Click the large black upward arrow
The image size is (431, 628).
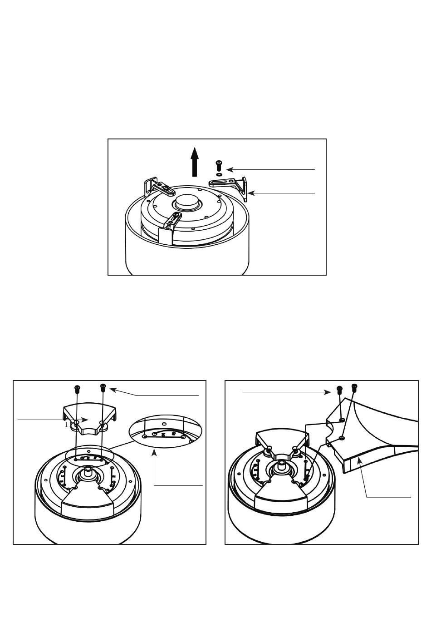(x=195, y=162)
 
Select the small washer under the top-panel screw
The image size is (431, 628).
(x=219, y=174)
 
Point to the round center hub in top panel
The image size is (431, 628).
(x=186, y=202)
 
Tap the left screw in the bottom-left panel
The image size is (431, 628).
(x=77, y=389)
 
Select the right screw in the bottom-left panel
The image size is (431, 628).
(x=103, y=387)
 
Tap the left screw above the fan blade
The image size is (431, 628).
(x=339, y=390)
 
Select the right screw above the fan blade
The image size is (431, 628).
(x=354, y=387)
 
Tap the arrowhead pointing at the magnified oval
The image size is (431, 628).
(x=155, y=451)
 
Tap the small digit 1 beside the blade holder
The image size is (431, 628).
(x=66, y=425)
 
